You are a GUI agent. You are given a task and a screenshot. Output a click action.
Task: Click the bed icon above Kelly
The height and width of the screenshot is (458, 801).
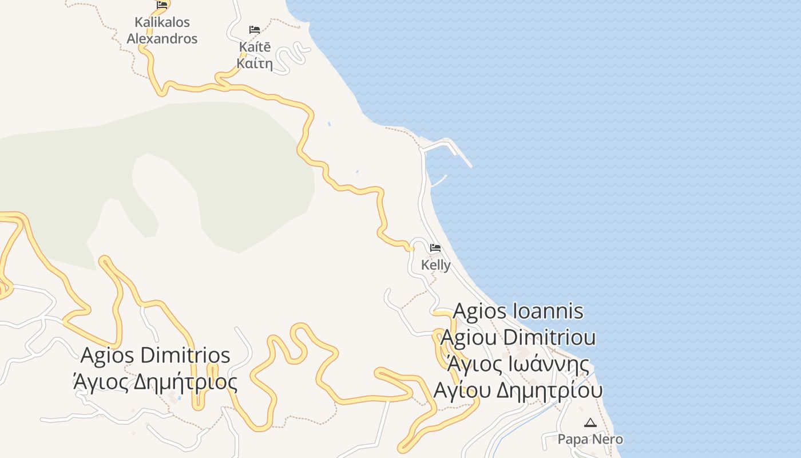(x=435, y=248)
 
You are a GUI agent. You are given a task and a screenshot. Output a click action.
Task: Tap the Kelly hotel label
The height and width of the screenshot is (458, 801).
(x=436, y=265)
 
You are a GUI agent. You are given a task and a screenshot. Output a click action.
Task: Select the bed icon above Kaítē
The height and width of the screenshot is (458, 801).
(x=255, y=30)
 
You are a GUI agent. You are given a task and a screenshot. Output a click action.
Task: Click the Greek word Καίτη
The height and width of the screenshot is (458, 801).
(x=255, y=64)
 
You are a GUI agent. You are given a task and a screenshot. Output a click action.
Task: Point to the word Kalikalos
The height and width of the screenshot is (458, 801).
(x=162, y=22)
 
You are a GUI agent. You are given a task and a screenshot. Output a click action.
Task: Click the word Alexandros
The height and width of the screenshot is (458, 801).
(x=162, y=39)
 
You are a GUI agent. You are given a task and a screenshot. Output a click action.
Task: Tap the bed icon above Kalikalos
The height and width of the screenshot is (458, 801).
(x=162, y=5)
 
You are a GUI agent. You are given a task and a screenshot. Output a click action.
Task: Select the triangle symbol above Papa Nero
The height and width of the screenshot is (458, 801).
(x=590, y=423)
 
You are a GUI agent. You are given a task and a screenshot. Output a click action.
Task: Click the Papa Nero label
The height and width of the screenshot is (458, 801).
(x=590, y=440)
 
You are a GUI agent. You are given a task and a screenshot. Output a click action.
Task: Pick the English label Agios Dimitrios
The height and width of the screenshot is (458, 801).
(x=155, y=355)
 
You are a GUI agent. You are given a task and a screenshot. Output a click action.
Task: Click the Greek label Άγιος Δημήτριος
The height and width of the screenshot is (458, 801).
(x=155, y=381)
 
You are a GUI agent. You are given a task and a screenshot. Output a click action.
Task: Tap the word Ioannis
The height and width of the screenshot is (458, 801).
(x=549, y=311)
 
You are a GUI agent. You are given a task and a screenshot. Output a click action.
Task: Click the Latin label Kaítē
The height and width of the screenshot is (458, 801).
(x=255, y=48)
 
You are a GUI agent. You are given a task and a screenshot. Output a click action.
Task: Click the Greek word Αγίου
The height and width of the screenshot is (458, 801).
(x=461, y=390)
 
